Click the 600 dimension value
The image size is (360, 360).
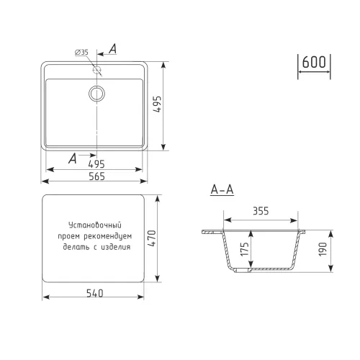click(314, 62)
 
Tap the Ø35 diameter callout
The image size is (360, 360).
click(81, 52)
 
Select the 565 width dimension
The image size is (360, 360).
click(96, 176)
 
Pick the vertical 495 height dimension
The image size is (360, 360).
click(158, 104)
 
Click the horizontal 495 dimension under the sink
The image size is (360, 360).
click(96, 164)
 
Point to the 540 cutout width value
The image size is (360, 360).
click(95, 293)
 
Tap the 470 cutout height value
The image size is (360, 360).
click(152, 238)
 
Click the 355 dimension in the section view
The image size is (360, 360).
click(261, 211)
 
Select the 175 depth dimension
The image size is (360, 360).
click(245, 249)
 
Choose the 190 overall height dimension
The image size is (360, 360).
click(323, 249)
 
